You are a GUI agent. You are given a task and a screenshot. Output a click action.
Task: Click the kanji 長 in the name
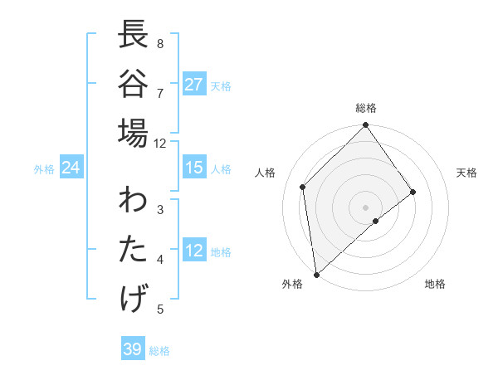pyautogui.click(x=133, y=36)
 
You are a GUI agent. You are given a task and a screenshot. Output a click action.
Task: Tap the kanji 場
pyautogui.click(x=133, y=133)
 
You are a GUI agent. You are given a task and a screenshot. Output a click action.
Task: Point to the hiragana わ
pyautogui.click(x=133, y=202)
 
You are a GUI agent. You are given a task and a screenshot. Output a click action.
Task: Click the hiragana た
pyautogui.click(x=133, y=250)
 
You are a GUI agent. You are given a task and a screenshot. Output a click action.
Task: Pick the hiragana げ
pyautogui.click(x=133, y=298)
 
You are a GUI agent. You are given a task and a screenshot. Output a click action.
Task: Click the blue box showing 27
pyautogui.click(x=194, y=85)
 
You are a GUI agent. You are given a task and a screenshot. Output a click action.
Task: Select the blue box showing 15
pyautogui.click(x=194, y=168)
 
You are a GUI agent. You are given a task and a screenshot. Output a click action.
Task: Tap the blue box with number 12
pyautogui.click(x=194, y=251)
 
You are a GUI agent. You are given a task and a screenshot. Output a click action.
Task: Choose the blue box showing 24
pyautogui.click(x=71, y=168)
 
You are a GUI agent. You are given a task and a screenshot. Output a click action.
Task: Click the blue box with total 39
pyautogui.click(x=132, y=349)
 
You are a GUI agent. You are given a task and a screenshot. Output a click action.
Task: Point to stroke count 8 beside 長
pyautogui.click(x=160, y=44)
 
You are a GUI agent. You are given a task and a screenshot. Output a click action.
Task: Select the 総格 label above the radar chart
pyautogui.click(x=366, y=108)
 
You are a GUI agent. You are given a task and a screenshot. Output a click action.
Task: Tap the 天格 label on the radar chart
pyautogui.click(x=466, y=173)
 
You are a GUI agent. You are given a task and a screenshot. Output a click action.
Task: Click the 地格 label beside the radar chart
pyautogui.click(x=435, y=284)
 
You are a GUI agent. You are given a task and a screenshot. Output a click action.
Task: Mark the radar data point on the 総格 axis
pyautogui.click(x=366, y=126)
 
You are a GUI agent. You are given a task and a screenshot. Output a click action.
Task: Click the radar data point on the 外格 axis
pyautogui.click(x=316, y=274)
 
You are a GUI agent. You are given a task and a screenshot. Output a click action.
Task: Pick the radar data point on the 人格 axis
pyautogui.click(x=303, y=187)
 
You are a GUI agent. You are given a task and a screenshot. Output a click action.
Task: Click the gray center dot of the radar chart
pyautogui.click(x=366, y=206)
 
